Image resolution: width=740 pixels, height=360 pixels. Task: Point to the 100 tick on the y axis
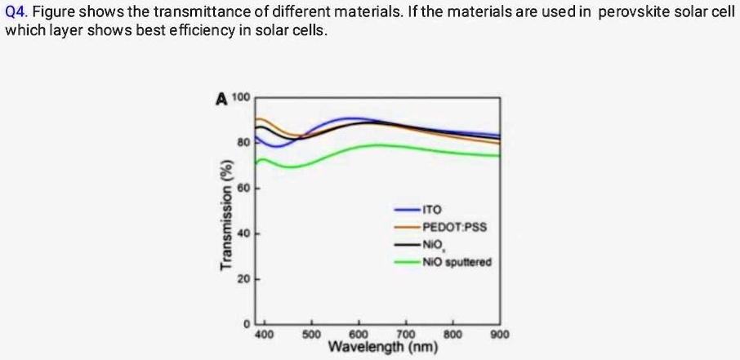241,98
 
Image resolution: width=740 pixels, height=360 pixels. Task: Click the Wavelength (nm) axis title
382,349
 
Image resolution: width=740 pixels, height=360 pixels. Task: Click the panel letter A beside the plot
221,100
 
